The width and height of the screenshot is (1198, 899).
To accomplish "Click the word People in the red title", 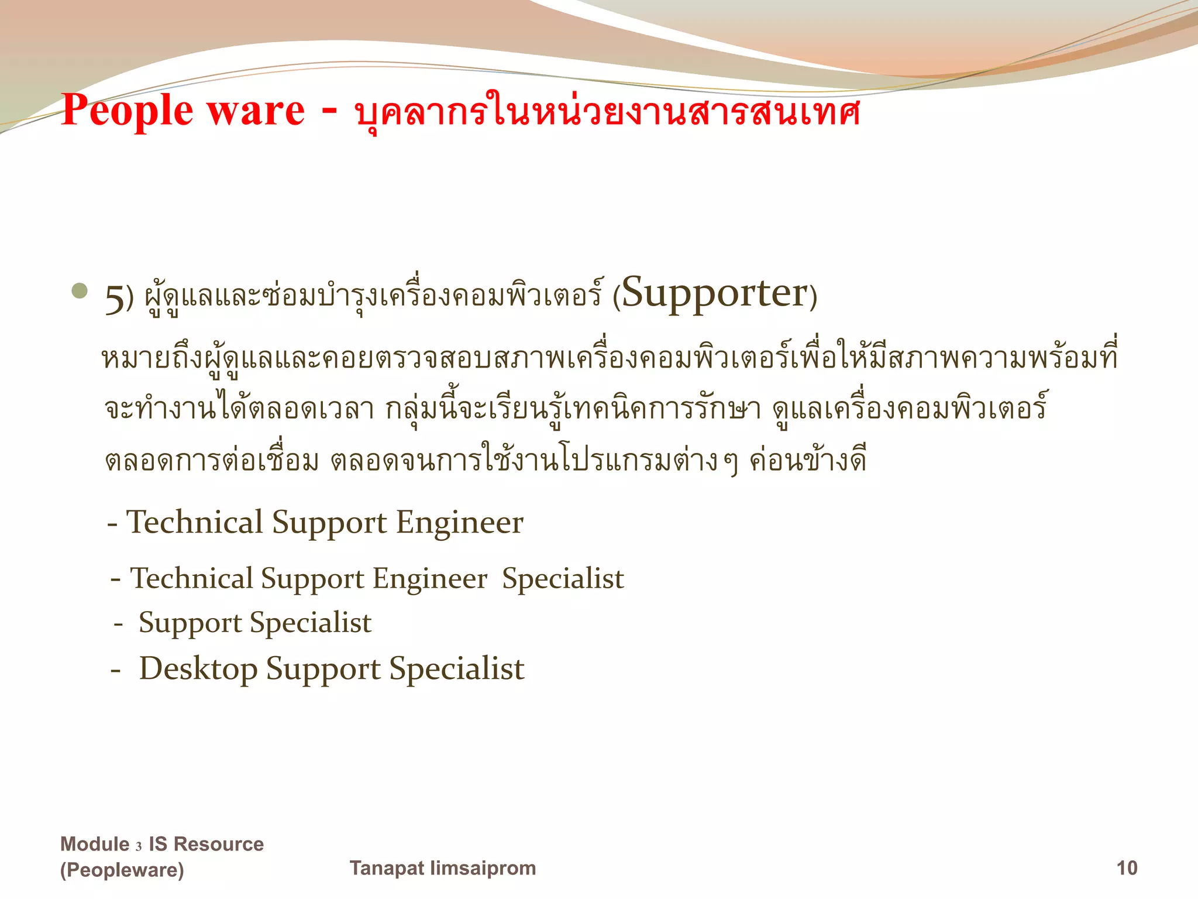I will (127, 111).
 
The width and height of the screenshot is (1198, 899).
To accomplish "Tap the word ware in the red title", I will (256, 111).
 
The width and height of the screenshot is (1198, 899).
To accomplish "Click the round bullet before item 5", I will (80, 291).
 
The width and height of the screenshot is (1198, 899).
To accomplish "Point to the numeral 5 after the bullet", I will (115, 299).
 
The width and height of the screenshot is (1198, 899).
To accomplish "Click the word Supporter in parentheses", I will (714, 293).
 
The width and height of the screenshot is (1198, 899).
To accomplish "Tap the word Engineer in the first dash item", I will (459, 522).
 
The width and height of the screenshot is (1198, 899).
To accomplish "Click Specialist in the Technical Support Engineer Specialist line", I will (563, 579).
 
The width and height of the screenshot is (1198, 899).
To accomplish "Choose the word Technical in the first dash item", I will (195, 522).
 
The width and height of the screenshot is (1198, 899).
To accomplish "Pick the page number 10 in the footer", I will (1127, 867).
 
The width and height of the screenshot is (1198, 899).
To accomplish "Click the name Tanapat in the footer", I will (387, 867).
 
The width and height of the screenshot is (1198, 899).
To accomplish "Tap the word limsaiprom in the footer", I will (483, 867).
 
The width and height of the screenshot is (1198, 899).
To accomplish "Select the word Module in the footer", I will (95, 844).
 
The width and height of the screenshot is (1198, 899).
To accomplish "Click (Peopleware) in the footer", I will (122, 870).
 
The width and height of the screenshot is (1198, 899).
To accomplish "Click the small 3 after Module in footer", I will (139, 846).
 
